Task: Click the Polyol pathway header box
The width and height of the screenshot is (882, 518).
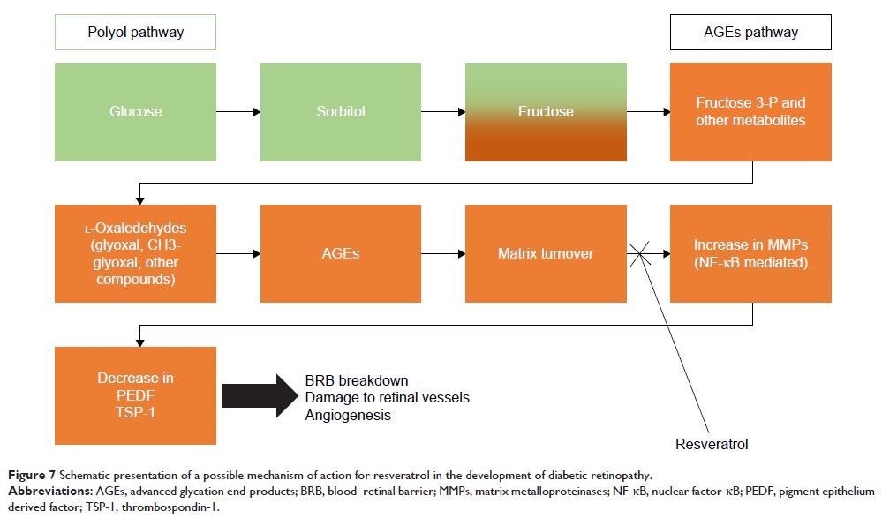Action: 136,33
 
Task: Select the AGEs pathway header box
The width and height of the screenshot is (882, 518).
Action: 750,33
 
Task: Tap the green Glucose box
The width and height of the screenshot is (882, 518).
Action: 136,112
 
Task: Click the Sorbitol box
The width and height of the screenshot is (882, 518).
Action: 341,112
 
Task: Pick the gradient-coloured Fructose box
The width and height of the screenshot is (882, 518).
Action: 546,112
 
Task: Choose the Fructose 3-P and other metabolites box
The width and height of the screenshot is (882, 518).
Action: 750,112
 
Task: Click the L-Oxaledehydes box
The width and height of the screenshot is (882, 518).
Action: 136,254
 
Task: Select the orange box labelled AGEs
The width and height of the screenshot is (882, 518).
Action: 341,254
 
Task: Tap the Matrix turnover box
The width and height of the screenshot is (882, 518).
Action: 546,254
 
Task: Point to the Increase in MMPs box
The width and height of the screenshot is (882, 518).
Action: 750,254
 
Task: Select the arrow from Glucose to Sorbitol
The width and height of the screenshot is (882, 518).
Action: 238,112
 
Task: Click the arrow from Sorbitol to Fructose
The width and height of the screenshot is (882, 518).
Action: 443,112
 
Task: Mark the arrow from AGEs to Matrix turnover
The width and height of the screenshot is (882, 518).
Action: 443,254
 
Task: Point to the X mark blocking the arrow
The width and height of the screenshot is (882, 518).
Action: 646,254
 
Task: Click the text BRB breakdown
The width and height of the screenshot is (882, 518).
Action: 357,380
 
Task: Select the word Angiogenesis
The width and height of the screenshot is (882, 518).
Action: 348,415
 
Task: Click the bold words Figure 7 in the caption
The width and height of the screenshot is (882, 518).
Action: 30,477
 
